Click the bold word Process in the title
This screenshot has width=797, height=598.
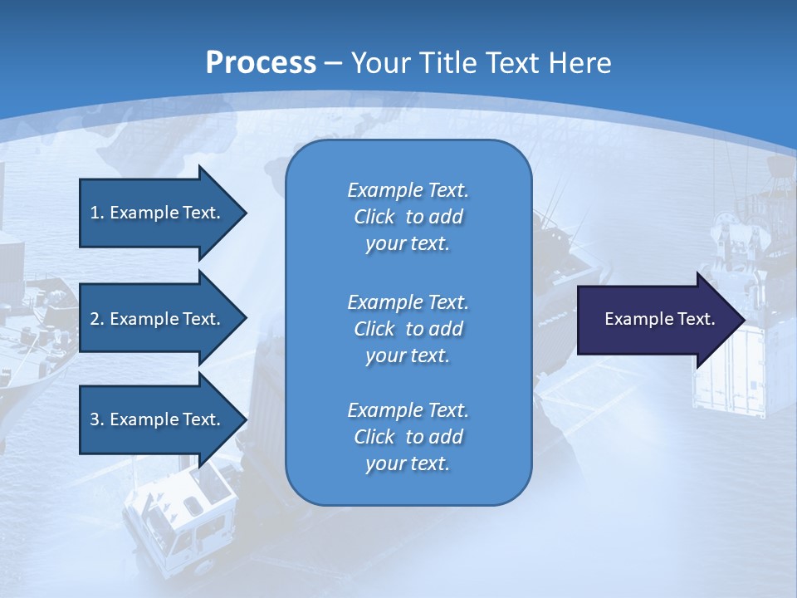[x=261, y=62]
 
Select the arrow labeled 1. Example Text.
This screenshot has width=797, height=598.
[x=158, y=213]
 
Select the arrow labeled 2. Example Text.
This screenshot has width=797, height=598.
[x=158, y=319]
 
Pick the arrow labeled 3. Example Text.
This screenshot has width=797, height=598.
[x=158, y=419]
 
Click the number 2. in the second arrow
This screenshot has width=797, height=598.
[x=96, y=319]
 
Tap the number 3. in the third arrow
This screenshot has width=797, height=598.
[x=96, y=419]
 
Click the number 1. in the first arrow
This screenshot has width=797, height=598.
[x=96, y=213]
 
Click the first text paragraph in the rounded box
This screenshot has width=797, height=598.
[x=408, y=217]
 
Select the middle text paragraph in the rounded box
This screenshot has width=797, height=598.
[x=408, y=329]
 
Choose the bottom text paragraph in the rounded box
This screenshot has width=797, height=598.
[x=408, y=437]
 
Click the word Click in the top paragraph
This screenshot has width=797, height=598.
[x=374, y=217]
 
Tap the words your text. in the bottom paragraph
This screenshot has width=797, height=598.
[x=408, y=464]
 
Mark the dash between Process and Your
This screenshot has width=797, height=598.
[x=334, y=63]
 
